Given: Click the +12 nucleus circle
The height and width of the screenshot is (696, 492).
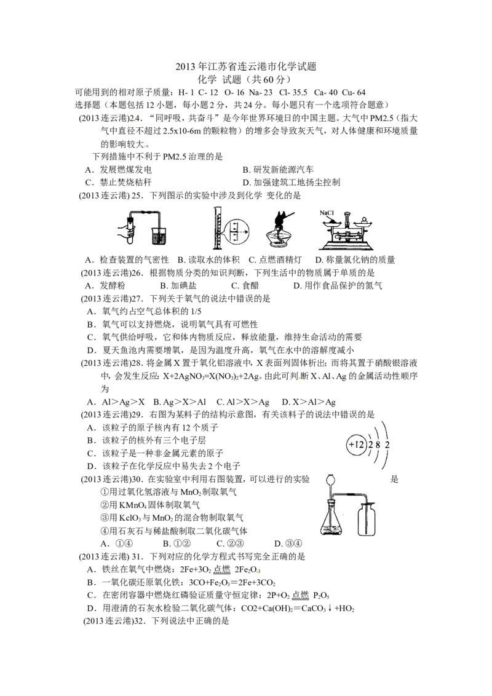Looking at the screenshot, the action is click(x=356, y=443).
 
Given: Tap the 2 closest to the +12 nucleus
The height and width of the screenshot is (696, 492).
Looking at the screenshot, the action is click(x=370, y=444).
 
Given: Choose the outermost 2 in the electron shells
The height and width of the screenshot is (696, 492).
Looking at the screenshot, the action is click(x=387, y=444).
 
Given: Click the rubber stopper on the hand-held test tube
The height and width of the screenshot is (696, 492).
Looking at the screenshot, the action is click(x=130, y=218).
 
